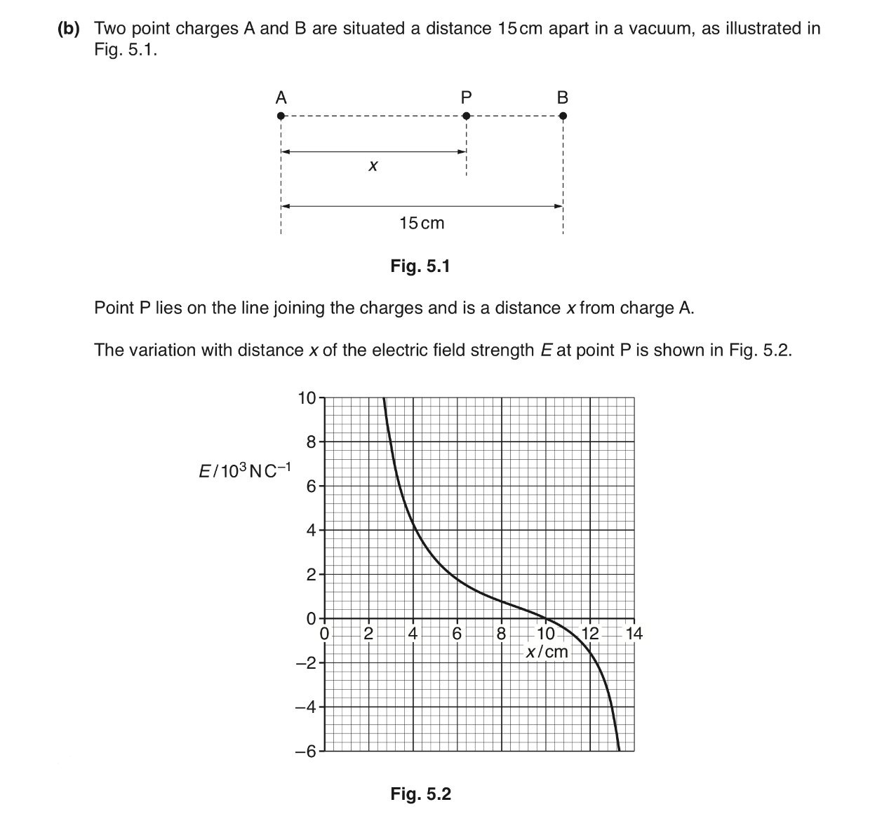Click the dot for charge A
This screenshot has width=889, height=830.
click(x=281, y=116)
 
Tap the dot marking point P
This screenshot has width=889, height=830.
click(x=466, y=116)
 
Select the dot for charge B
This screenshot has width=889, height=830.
click(x=562, y=116)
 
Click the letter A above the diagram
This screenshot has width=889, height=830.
click(x=281, y=97)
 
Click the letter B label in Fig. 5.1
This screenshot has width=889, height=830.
click(x=562, y=97)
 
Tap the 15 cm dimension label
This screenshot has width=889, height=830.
click(x=422, y=223)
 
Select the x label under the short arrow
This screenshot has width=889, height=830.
click(x=373, y=166)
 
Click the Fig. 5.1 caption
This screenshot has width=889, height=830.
click(x=420, y=266)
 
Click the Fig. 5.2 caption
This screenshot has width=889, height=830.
click(x=420, y=794)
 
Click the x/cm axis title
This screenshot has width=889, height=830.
click(x=547, y=652)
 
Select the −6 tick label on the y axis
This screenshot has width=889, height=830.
click(x=307, y=751)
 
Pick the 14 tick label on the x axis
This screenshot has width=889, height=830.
click(x=634, y=634)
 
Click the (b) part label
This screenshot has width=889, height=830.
click(x=69, y=29)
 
